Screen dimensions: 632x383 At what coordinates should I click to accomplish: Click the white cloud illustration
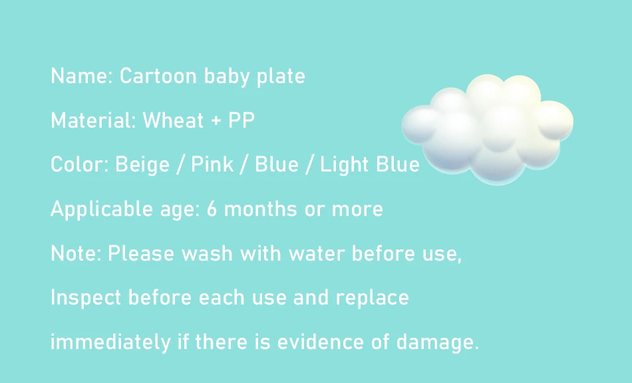pyautogui.click(x=487, y=129)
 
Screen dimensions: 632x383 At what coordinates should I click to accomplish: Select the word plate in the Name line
pyautogui.click(x=281, y=76)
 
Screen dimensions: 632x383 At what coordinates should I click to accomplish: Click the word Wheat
pyautogui.click(x=173, y=120)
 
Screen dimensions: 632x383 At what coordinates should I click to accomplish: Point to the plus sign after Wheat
pyautogui.click(x=216, y=121)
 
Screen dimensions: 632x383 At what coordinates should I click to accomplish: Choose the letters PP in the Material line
pyautogui.click(x=241, y=120)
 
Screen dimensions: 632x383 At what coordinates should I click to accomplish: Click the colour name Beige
pyautogui.click(x=142, y=165)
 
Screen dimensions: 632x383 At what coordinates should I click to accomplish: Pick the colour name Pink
pyautogui.click(x=212, y=164)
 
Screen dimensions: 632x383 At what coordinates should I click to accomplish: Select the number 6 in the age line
pyautogui.click(x=212, y=209)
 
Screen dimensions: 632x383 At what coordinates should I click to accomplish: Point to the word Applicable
pyautogui.click(x=101, y=209)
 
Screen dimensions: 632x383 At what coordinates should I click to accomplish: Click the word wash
pyautogui.click(x=207, y=253)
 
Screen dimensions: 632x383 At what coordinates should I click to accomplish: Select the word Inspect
pyautogui.click(x=85, y=298)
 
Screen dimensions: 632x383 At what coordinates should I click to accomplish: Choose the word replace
pyautogui.click(x=372, y=298)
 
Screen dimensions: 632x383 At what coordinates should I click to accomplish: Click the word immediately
pyautogui.click(x=110, y=342)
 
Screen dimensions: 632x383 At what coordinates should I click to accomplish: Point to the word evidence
pyautogui.click(x=321, y=342)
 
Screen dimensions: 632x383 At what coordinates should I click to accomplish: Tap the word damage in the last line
pyautogui.click(x=434, y=342)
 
